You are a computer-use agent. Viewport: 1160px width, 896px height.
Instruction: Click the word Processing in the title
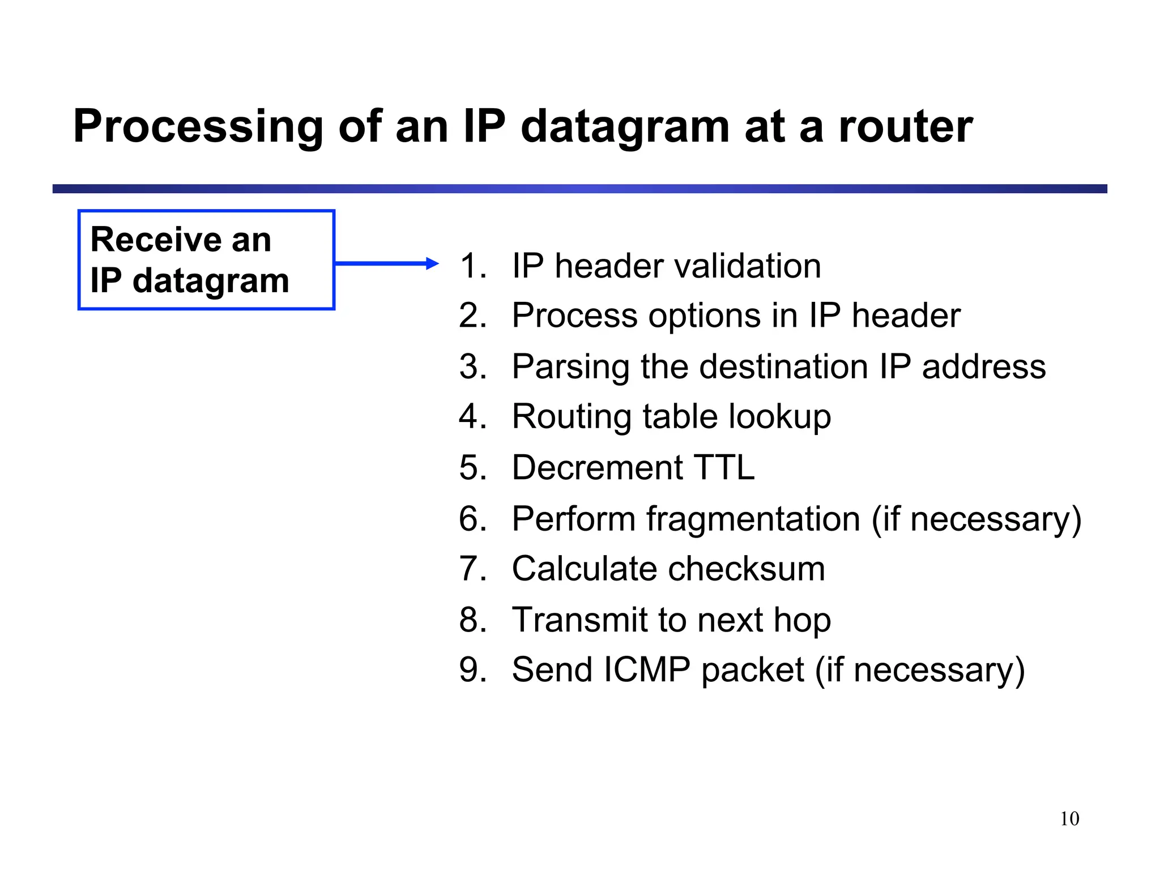pos(198,127)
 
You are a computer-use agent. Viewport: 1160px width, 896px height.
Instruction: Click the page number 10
pos(1069,819)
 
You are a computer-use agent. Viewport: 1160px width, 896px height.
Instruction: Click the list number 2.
pos(473,315)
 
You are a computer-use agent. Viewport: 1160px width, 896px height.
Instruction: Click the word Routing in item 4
pos(572,417)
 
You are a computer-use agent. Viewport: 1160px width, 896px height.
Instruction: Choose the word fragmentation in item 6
pos(753,519)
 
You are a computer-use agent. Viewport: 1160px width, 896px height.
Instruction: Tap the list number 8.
pos(473,620)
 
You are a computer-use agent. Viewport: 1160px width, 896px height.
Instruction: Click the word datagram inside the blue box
pos(211,281)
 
